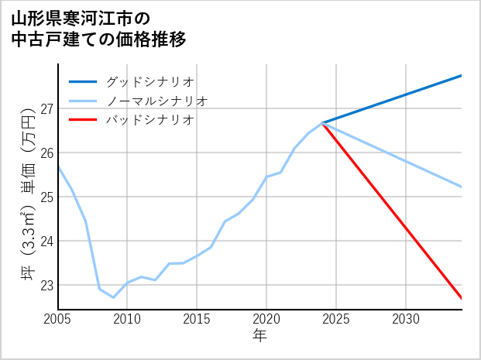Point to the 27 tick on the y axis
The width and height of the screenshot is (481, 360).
[46, 108]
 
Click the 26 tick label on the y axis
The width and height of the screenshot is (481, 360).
[46, 153]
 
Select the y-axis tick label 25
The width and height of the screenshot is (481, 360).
[46, 197]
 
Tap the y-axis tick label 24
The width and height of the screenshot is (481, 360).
[46, 241]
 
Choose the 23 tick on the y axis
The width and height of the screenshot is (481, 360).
[46, 285]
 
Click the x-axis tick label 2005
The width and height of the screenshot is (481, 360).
[58, 319]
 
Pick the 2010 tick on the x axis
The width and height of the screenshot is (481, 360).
[127, 319]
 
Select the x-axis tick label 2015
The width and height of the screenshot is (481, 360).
[197, 319]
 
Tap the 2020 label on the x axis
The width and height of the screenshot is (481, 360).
[266, 319]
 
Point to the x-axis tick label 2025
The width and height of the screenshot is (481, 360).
[336, 319]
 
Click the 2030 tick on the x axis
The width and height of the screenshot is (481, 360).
[406, 319]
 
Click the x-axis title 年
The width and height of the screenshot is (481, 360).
[259, 336]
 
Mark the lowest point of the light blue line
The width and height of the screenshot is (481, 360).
[113, 297]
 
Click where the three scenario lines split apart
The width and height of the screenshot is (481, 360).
[322, 123]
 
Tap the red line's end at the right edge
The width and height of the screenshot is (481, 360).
[461, 298]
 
